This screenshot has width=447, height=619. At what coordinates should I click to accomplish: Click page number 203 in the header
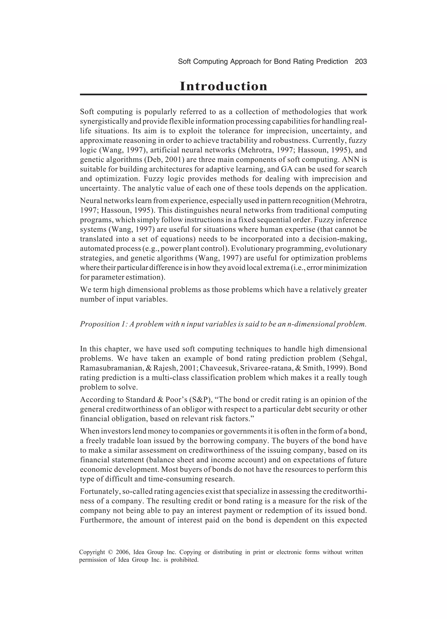coord(361,62)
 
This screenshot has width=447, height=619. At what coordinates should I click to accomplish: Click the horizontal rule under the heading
coord(223,94)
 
